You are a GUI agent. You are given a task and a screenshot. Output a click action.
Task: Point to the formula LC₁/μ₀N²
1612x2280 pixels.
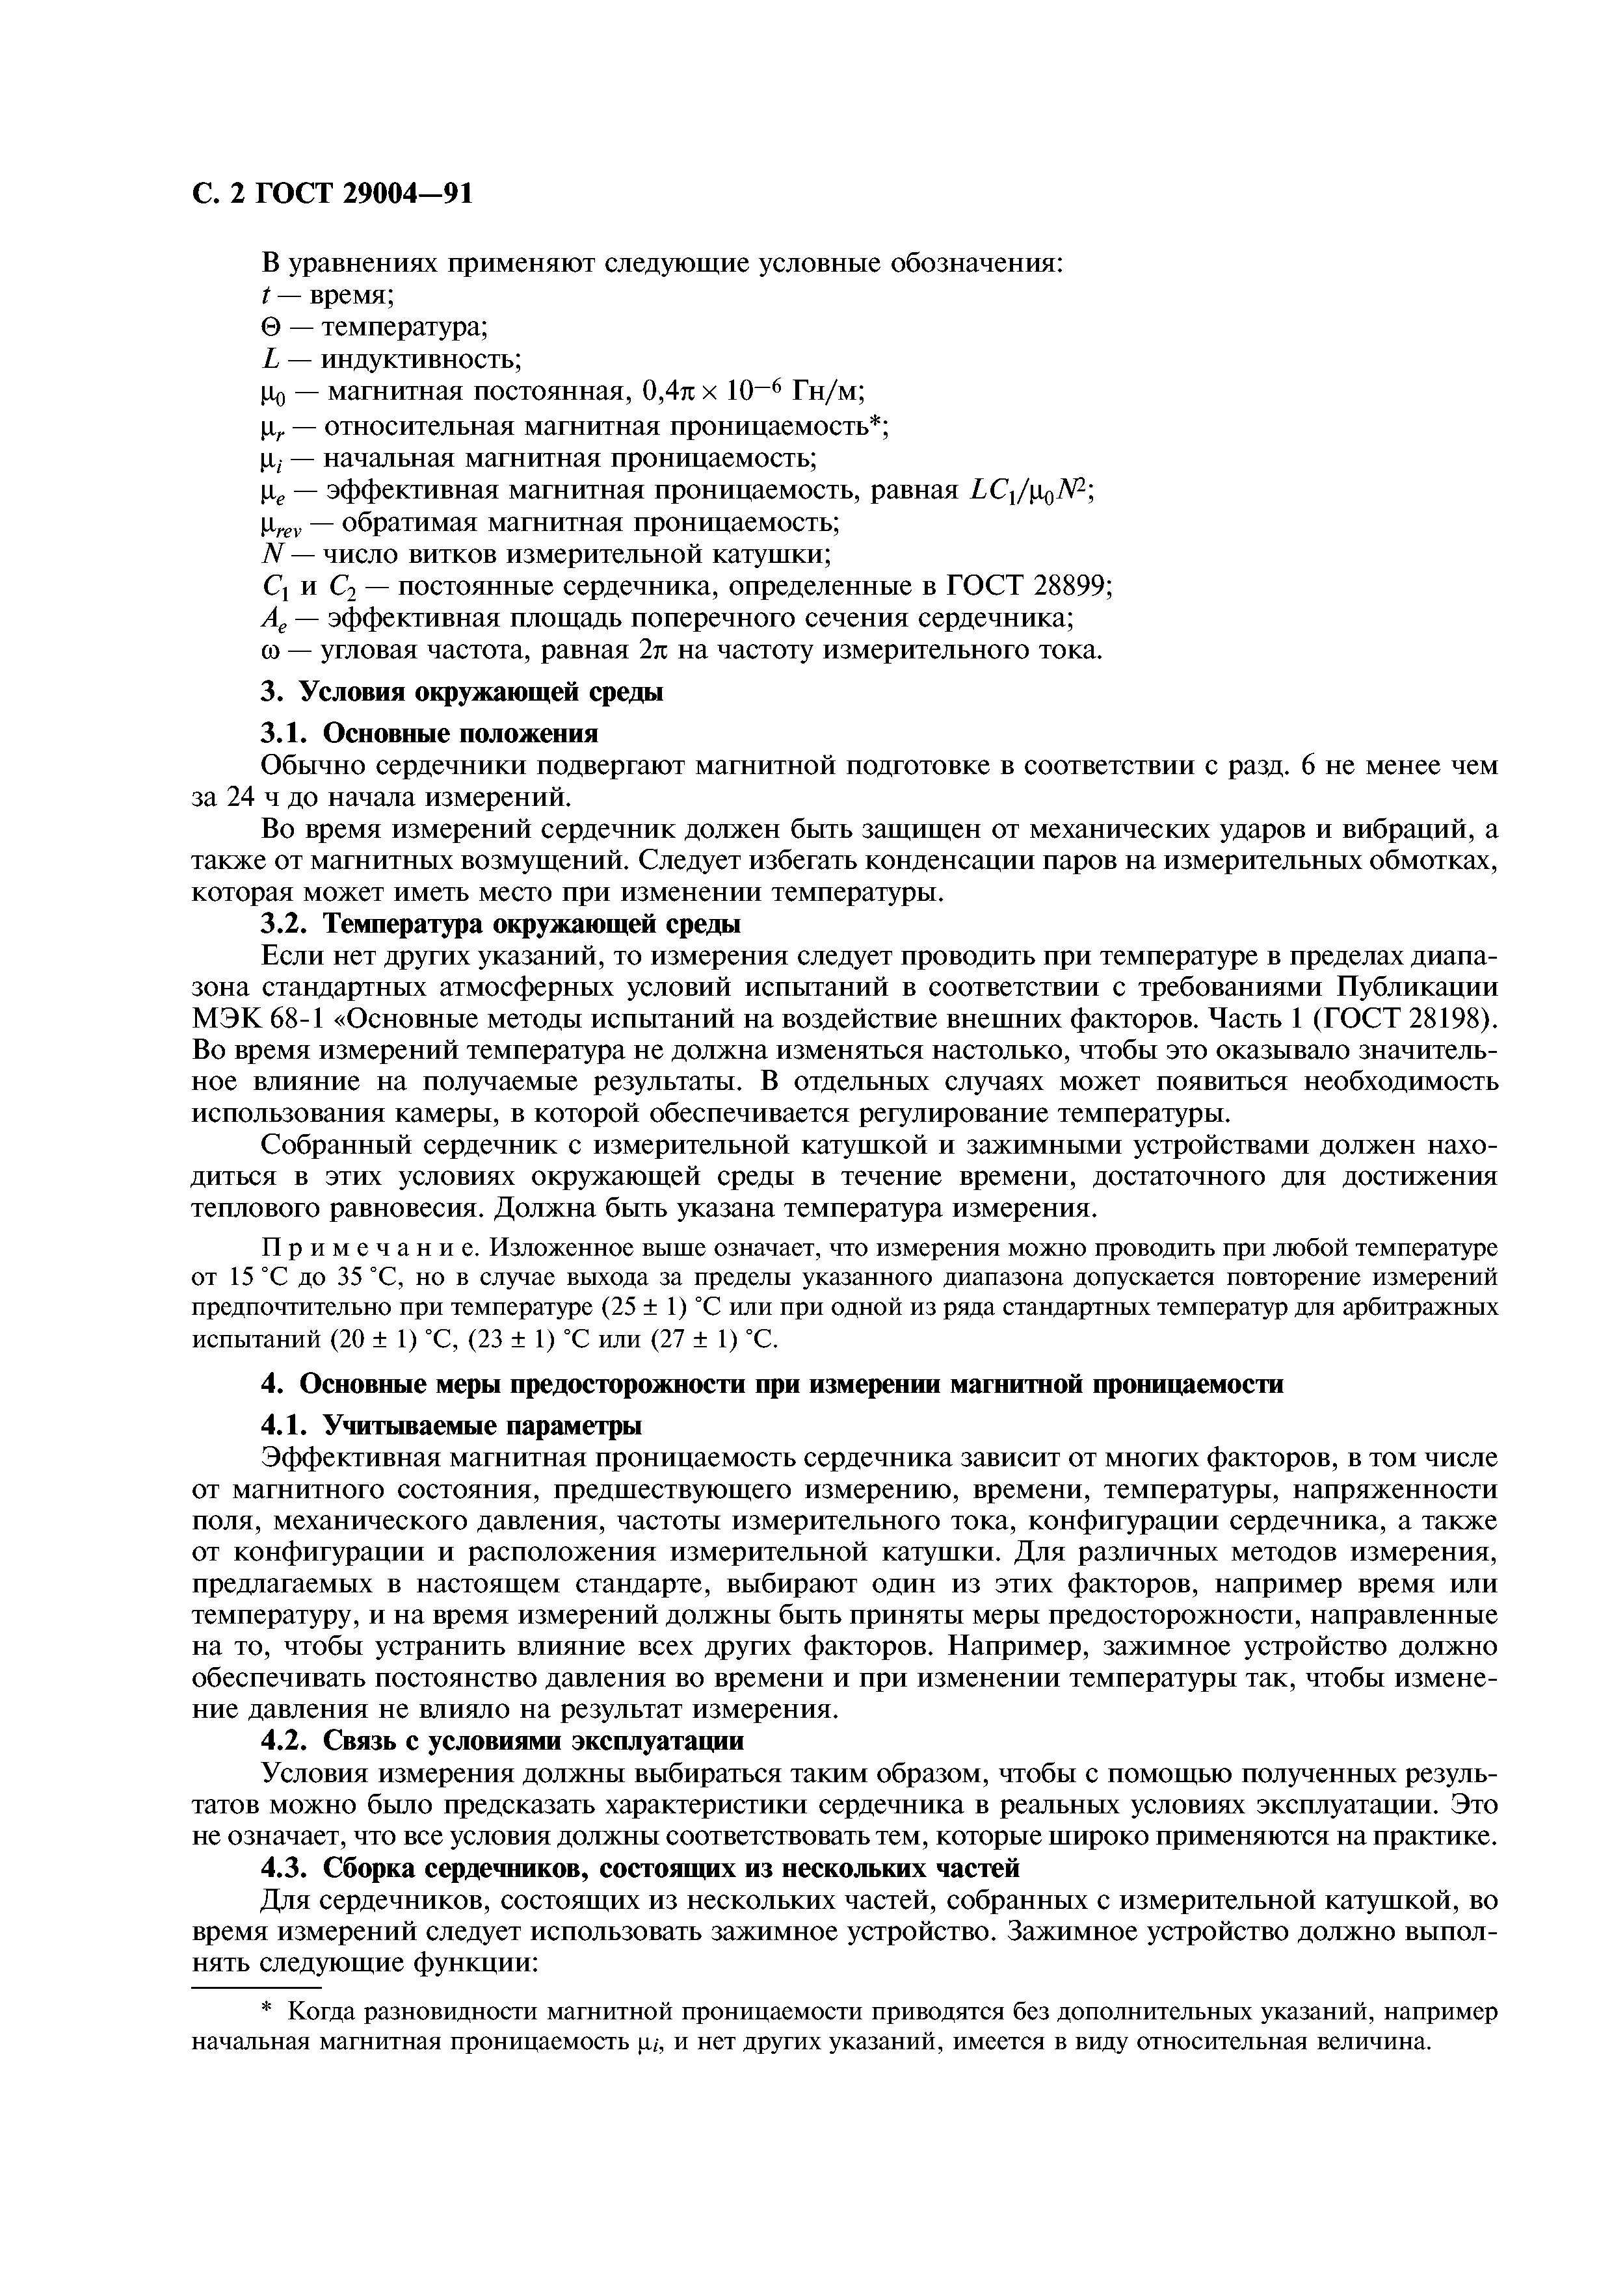click(1028, 491)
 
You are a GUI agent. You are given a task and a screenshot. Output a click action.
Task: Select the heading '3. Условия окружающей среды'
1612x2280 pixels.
click(461, 692)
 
